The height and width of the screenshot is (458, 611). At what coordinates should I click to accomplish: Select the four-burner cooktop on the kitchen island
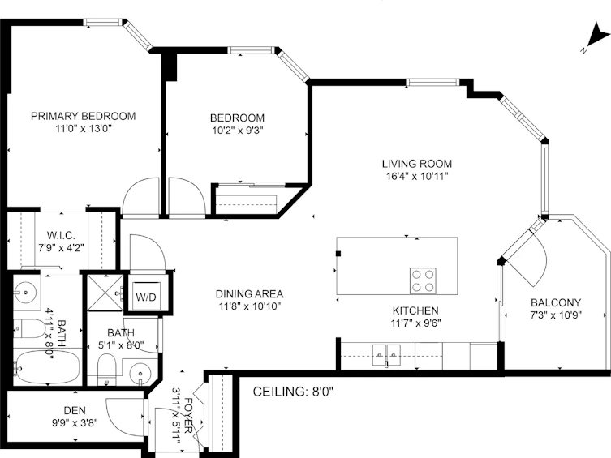coord(423,281)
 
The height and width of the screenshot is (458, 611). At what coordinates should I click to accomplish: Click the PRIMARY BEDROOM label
coord(83,116)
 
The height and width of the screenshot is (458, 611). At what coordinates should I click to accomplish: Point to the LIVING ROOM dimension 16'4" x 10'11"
coord(417,176)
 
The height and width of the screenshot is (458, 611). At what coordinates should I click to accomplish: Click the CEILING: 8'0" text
coord(293,392)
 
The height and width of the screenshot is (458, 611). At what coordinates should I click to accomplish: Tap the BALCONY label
coord(556,302)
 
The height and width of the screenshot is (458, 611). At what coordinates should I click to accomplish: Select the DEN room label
coord(75,410)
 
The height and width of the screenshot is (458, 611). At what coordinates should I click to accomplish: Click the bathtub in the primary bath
coord(47,367)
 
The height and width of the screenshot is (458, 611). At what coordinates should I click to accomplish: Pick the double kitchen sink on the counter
coord(386,355)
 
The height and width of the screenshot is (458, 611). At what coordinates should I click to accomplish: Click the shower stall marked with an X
coord(105,293)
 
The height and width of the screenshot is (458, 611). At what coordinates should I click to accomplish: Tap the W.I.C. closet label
coord(61,235)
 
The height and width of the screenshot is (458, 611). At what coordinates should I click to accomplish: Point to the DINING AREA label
coord(249,293)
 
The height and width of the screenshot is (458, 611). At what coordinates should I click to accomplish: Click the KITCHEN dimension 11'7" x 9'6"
coord(415,323)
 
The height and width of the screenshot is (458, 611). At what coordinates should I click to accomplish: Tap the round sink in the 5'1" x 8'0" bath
coord(140,374)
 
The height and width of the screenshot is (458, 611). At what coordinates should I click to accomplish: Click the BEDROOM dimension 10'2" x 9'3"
coord(238,131)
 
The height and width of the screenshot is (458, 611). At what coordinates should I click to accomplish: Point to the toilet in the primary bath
coord(30,329)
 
